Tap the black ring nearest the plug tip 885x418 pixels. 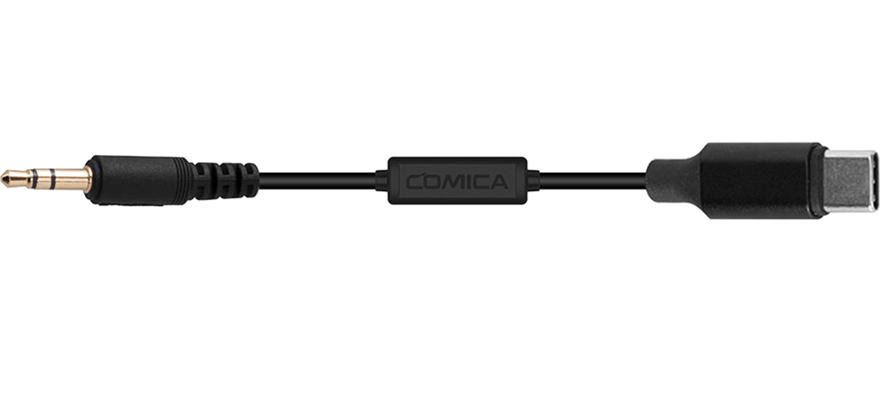33,179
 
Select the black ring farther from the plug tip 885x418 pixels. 52,179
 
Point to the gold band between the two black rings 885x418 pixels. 42,179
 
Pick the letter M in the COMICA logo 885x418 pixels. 454,182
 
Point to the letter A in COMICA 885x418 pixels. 499,182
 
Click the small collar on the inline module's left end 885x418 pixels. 382,180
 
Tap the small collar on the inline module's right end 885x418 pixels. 534,180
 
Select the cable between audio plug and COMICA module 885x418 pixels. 318,180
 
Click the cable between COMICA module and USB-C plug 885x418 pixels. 594,180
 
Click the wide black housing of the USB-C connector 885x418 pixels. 757,180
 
